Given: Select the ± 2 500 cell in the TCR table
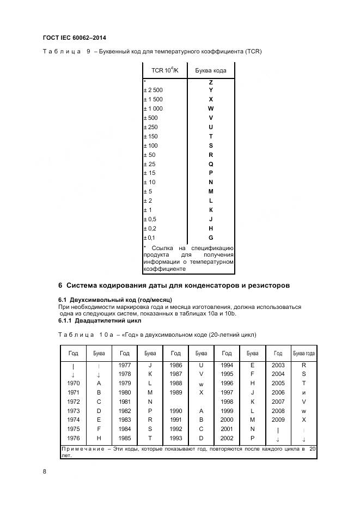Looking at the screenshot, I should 153,90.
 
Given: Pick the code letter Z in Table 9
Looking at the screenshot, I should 211,82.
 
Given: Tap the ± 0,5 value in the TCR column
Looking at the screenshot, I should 150,219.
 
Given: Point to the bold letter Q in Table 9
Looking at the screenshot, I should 211,163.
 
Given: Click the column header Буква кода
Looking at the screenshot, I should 211,70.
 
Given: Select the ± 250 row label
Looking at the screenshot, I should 150,127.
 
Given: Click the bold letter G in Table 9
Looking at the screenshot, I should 211,238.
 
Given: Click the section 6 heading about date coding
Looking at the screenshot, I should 174,286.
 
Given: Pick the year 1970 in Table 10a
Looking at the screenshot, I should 73,383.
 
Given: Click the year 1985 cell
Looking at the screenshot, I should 124,438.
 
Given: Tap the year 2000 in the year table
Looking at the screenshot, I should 227,420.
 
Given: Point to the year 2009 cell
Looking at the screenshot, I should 278,420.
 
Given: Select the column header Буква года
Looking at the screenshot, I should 303,353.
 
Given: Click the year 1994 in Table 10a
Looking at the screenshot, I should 227,365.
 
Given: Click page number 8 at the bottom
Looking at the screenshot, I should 44,472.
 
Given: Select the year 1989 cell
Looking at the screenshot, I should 175,392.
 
